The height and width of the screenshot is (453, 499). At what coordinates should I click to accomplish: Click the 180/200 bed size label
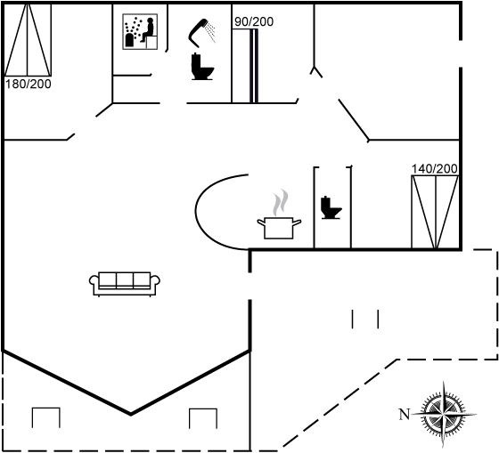coord(29,85)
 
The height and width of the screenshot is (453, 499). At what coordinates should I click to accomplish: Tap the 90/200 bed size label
coord(254,21)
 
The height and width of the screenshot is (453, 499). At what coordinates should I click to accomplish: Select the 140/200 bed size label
coord(435,168)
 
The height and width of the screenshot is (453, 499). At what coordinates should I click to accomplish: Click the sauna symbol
coord(140,31)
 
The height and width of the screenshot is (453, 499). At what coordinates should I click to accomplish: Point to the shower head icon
coord(201,33)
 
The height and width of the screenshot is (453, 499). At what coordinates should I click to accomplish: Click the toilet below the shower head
coord(202,67)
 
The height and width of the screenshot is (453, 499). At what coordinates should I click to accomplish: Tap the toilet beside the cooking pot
coord(331,207)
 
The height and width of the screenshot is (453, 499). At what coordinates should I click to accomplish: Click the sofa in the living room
coord(125,284)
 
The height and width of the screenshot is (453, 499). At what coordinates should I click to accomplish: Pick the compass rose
coord(444,414)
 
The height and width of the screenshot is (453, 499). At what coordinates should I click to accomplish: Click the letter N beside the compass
coord(405,415)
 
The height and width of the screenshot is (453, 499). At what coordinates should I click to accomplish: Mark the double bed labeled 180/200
coord(28,40)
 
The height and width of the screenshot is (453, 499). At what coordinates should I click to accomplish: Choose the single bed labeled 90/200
coord(245,66)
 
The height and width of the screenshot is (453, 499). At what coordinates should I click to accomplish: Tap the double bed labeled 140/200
coord(435,212)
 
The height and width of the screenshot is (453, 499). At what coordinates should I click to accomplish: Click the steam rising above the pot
coord(281,203)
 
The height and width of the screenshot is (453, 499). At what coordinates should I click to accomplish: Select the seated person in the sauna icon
coord(148,29)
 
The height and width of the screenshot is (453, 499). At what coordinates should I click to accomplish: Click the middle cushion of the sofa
coord(125,279)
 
